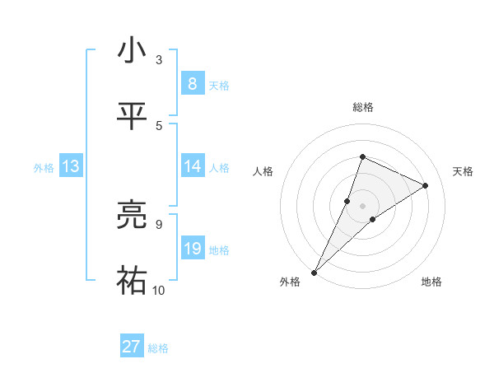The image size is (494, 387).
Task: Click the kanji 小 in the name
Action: click(x=132, y=52)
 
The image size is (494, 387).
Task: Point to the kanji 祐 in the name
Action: click(x=132, y=281)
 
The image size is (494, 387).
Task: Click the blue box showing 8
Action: click(x=192, y=84)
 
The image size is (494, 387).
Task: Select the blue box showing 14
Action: click(x=192, y=166)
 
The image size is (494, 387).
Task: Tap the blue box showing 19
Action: click(x=192, y=249)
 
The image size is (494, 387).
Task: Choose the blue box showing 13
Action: click(x=71, y=166)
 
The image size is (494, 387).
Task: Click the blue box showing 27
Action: click(x=132, y=347)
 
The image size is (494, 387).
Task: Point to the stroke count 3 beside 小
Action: click(x=159, y=60)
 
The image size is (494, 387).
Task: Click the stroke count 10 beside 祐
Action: click(x=159, y=290)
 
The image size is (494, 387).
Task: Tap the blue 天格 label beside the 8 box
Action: click(x=219, y=85)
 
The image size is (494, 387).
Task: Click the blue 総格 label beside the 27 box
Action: click(x=159, y=348)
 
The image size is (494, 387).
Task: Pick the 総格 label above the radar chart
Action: click(x=362, y=107)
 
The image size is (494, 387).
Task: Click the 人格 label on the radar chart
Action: click(x=263, y=171)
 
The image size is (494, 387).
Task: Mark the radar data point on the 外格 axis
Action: click(x=314, y=272)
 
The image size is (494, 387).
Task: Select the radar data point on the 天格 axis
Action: click(x=426, y=185)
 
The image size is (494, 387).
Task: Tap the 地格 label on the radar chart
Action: click(x=431, y=282)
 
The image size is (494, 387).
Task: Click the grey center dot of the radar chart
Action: click(x=362, y=205)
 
